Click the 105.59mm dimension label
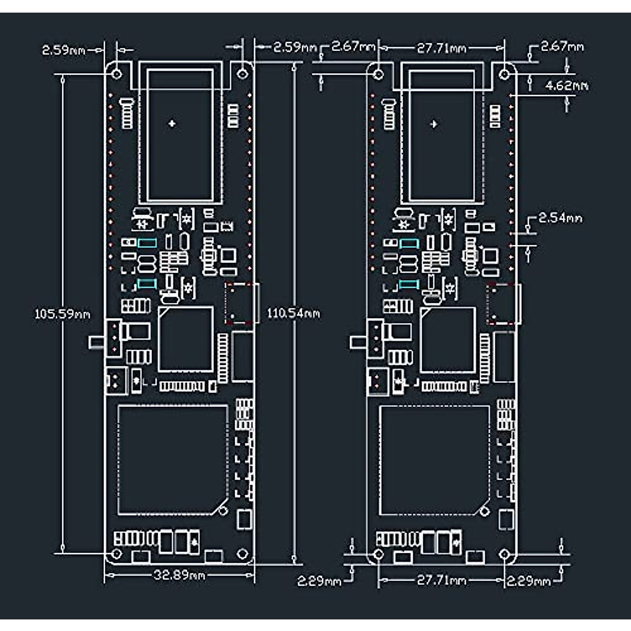62,314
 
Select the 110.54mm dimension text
293,313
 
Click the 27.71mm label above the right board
442,48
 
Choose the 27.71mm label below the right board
442,580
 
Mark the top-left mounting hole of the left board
117,73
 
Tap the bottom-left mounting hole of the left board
116,554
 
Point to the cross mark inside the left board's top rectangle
172,124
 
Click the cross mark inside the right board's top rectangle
434,124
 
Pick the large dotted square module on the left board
172,459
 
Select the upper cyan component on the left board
147,243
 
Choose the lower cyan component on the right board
409,284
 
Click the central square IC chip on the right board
447,340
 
